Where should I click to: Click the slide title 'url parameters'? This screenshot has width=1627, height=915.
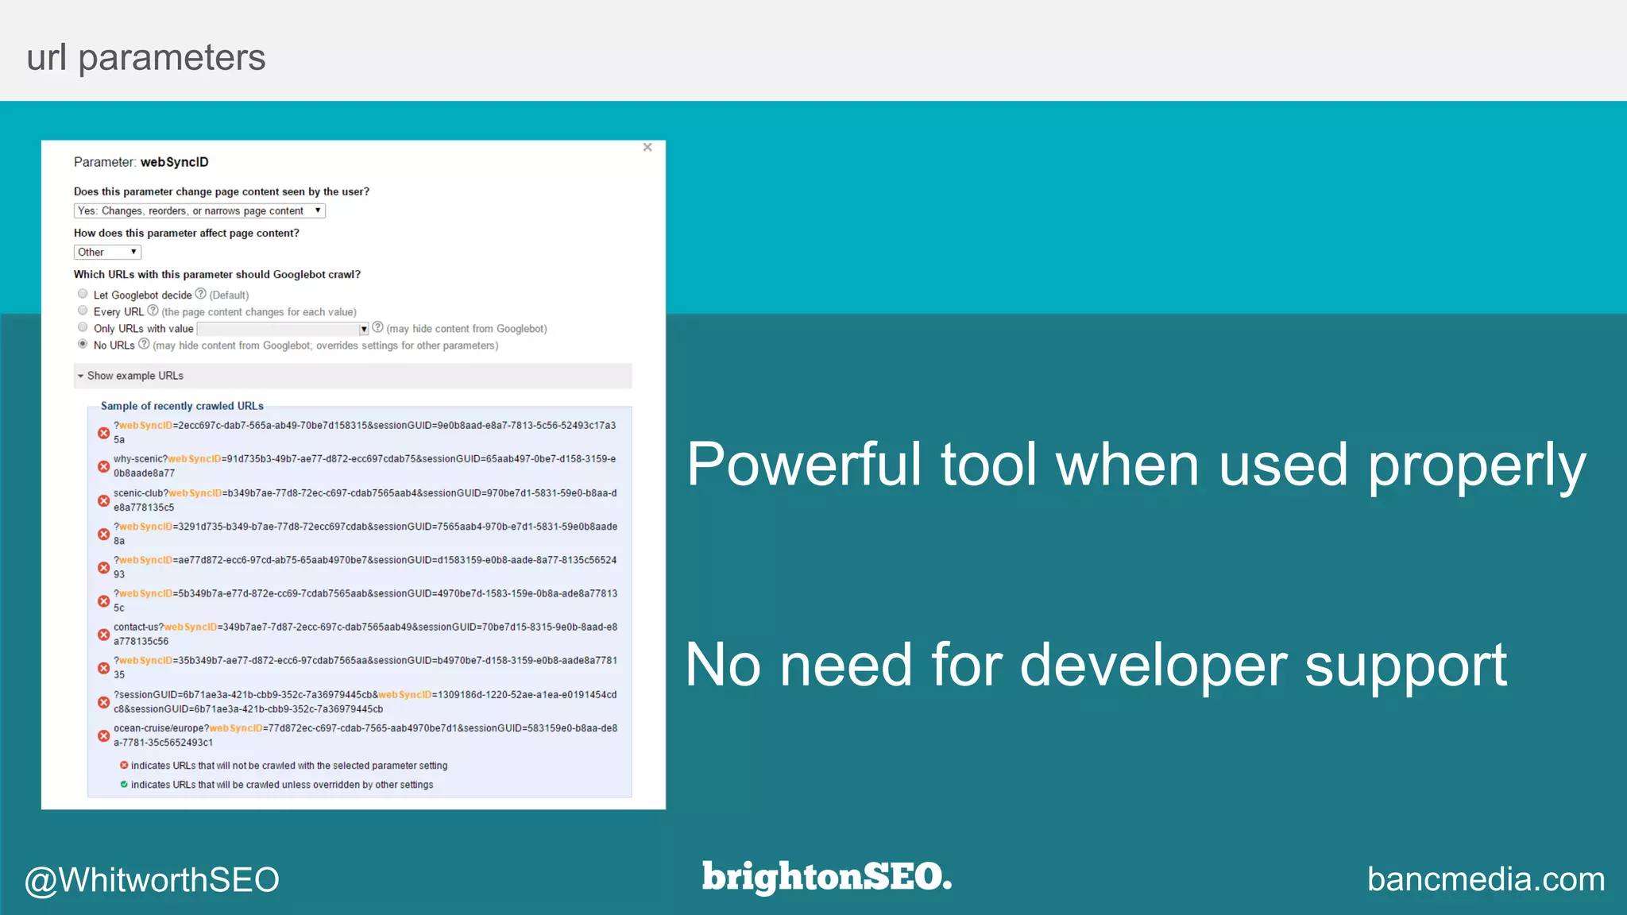pyautogui.click(x=146, y=58)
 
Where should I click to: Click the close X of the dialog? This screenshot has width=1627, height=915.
pyautogui.click(x=647, y=147)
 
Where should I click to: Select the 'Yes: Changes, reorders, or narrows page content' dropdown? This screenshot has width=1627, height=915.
pyautogui.click(x=199, y=210)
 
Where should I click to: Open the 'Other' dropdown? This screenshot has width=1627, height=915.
pyautogui.click(x=107, y=252)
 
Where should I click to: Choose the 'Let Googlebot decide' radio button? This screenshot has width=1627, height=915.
pyautogui.click(x=83, y=294)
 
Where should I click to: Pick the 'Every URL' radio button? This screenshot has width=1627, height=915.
pyautogui.click(x=83, y=311)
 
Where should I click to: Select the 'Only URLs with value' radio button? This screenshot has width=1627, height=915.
pyautogui.click(x=83, y=327)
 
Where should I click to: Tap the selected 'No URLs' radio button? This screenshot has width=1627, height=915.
pyautogui.click(x=83, y=344)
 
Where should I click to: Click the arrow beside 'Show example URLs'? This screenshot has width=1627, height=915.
pyautogui.click(x=80, y=376)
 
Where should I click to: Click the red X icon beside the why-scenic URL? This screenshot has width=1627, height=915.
pyautogui.click(x=103, y=466)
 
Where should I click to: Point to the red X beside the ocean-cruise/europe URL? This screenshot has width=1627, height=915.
pyautogui.click(x=103, y=735)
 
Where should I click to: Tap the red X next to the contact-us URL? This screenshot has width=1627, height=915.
pyautogui.click(x=103, y=635)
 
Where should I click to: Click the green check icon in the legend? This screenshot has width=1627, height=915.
pyautogui.click(x=124, y=784)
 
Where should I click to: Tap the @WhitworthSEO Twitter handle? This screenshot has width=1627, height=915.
pyautogui.click(x=152, y=879)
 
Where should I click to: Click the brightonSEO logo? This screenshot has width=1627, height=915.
pyautogui.click(x=826, y=877)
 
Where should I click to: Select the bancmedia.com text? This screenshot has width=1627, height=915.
pyautogui.click(x=1486, y=879)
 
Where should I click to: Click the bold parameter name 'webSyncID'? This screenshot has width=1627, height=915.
pyautogui.click(x=175, y=162)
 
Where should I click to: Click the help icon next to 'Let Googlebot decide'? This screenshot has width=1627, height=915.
pyautogui.click(x=201, y=294)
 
